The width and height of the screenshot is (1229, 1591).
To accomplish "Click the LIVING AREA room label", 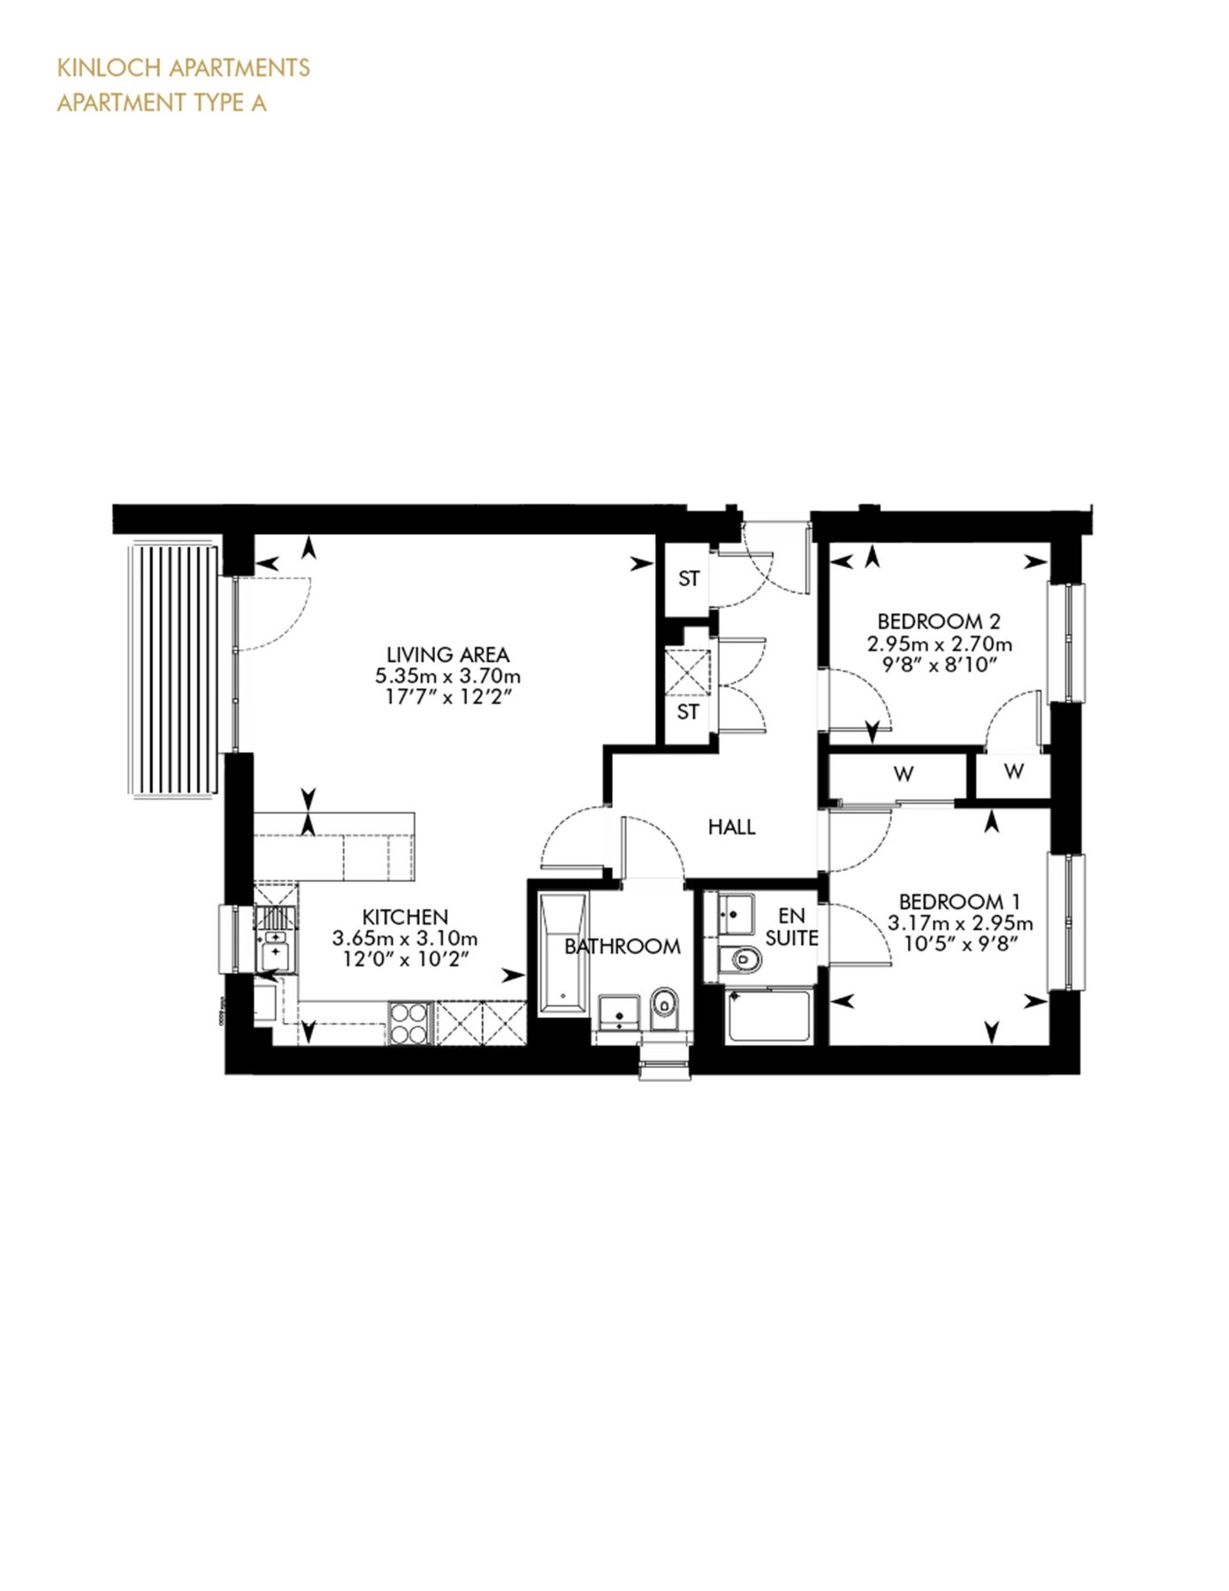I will [447, 655].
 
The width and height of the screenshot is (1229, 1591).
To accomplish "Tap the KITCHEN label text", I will [405, 917].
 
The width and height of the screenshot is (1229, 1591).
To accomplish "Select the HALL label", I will [731, 827].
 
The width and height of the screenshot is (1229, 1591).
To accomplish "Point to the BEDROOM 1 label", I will [959, 902].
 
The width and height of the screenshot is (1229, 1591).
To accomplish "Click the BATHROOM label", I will [622, 947].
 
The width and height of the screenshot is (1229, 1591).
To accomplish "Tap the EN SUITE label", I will [791, 927].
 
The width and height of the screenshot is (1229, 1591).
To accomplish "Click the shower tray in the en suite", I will [767, 1016].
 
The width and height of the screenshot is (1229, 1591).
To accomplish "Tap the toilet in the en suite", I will [741, 957].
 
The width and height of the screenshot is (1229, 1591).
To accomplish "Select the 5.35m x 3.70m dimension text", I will [447, 677].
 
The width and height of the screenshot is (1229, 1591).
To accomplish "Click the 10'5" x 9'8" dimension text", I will [959, 944].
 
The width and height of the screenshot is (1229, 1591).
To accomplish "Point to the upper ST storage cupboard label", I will [689, 579].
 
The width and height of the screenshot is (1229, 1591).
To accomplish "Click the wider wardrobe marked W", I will [902, 774].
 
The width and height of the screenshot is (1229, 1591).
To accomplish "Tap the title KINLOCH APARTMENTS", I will [183, 68].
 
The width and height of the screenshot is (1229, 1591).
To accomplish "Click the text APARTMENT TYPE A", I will [162, 103].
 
